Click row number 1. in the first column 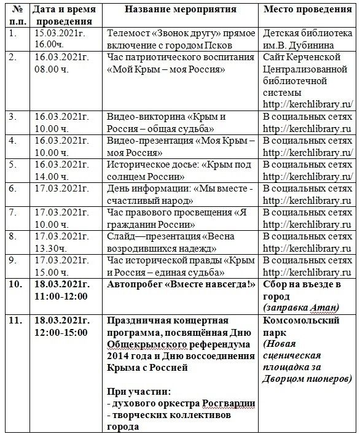click(x=14, y=33)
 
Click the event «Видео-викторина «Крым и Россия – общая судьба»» click(x=166, y=123)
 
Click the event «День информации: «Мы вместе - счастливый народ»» click(x=178, y=195)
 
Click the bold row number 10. click(x=16, y=285)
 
